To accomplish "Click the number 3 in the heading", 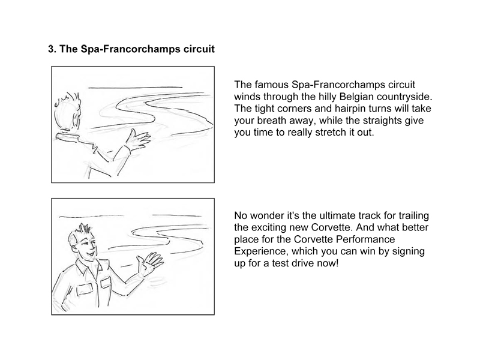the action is pyautogui.click(x=51, y=49).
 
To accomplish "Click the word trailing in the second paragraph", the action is pyautogui.click(x=413, y=215).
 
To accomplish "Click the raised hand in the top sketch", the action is pyautogui.click(x=138, y=140).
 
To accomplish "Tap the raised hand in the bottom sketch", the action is pyautogui.click(x=149, y=263).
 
